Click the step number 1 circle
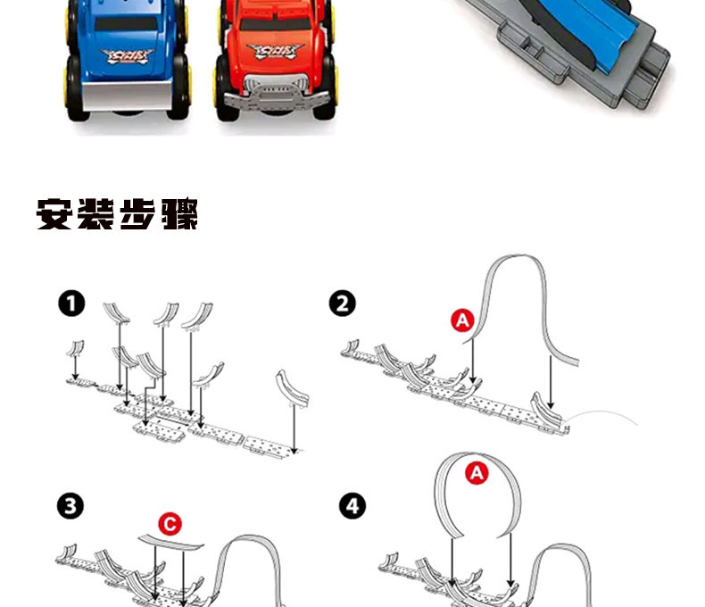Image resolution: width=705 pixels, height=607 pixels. (x=71, y=304)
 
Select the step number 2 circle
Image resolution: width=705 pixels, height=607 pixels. (x=342, y=304)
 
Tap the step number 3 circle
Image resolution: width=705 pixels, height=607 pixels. (x=71, y=506)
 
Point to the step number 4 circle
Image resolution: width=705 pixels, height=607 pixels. (x=353, y=506)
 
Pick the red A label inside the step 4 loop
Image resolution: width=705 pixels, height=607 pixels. (x=477, y=474)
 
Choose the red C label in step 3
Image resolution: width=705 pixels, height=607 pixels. (x=169, y=524)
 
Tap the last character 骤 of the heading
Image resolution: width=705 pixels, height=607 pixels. (x=178, y=215)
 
